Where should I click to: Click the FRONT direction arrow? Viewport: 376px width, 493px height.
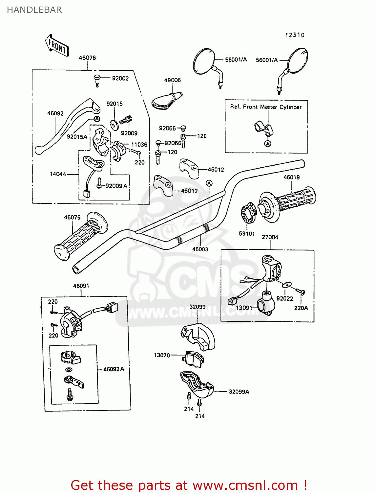[57, 46]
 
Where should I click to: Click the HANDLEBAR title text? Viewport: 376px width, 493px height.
[34, 10]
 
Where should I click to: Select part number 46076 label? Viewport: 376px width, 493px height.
[87, 58]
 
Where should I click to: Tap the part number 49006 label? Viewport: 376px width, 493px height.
[172, 80]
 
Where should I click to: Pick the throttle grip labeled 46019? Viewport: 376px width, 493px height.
[289, 201]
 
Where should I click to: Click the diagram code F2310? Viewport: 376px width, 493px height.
[295, 35]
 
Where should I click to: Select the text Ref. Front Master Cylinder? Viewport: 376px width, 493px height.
[266, 107]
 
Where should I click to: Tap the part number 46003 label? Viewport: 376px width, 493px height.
[200, 249]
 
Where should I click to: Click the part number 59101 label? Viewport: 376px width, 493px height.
[247, 233]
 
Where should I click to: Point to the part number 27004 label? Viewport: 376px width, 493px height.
[270, 237]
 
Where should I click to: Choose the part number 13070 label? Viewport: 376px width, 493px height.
[162, 355]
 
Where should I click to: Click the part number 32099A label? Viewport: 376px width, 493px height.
[239, 391]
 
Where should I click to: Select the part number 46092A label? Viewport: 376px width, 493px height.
[114, 369]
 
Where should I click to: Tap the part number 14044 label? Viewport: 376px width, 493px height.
[58, 174]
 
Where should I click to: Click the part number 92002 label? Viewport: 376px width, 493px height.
[120, 78]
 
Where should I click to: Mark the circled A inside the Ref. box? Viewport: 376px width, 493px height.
[268, 144]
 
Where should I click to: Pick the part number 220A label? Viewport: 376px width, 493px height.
[301, 308]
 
